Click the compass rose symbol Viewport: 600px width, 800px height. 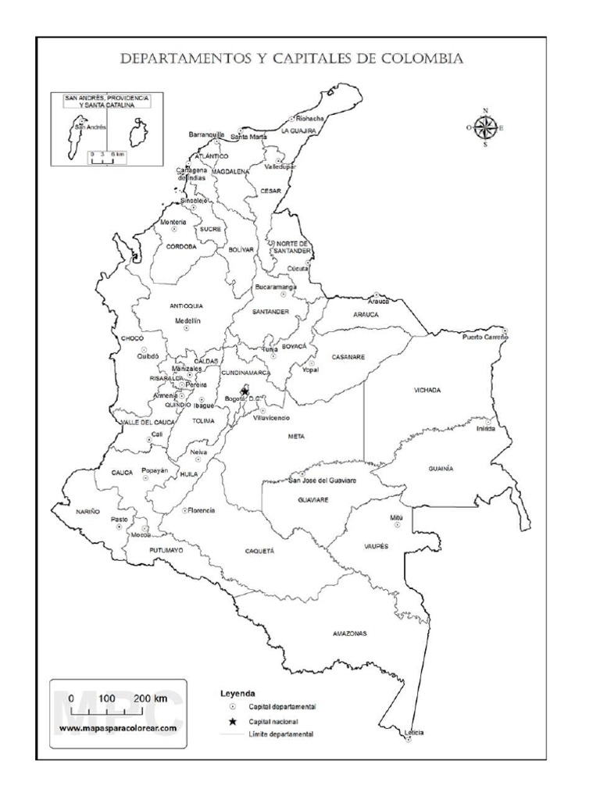click(485, 127)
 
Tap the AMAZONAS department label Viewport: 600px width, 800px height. click(349, 633)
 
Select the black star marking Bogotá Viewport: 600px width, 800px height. click(245, 391)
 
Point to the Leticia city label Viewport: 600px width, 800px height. click(414, 732)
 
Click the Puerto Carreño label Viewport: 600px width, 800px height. click(484, 337)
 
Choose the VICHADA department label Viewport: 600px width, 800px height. click(427, 389)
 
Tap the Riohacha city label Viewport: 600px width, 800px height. click(309, 119)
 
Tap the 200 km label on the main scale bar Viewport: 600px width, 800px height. click(151, 697)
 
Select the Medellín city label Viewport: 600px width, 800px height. click(187, 321)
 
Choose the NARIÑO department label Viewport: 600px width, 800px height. click(88, 510)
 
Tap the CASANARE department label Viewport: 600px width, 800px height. click(348, 356)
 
